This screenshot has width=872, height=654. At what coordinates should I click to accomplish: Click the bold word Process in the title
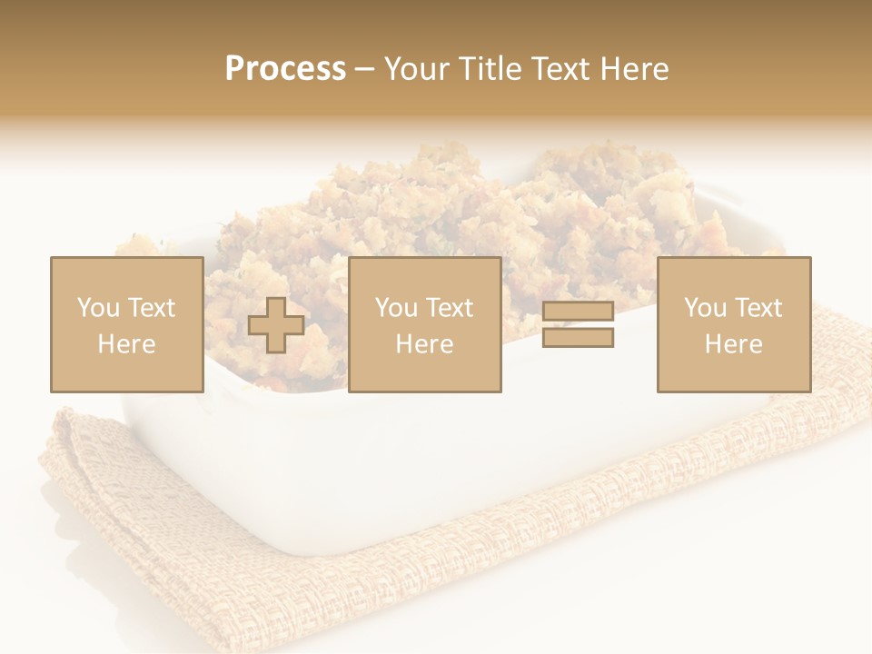pos(285,69)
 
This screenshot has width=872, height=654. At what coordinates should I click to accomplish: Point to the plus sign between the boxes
pos(276,325)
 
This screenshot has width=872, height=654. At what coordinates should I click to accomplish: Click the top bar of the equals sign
pos(578,312)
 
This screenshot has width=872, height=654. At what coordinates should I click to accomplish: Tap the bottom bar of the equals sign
pos(578,338)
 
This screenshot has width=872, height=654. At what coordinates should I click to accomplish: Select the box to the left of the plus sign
pos(126,324)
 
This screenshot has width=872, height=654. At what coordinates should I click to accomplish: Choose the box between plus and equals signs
pos(424,324)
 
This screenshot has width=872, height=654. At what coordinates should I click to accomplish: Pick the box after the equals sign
pos(733,324)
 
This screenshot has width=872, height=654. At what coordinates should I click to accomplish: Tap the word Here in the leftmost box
pos(126,344)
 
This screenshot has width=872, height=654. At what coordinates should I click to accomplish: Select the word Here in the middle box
pos(424,344)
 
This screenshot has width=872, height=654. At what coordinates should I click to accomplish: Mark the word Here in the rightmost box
pos(733,344)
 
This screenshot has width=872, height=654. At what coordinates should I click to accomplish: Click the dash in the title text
pos(365,70)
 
